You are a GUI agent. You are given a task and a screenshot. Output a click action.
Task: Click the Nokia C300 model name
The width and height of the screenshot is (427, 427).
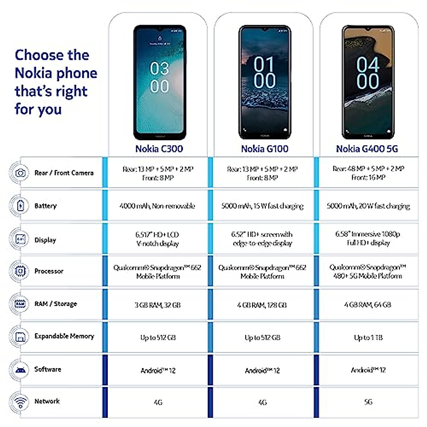click(x=159, y=149)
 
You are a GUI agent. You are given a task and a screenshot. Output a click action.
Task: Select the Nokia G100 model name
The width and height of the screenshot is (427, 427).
click(x=265, y=149)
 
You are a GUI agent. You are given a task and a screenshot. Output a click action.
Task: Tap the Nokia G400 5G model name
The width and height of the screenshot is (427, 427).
click(x=367, y=149)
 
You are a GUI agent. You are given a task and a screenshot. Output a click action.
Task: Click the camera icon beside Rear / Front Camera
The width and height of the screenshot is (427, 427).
click(x=20, y=173)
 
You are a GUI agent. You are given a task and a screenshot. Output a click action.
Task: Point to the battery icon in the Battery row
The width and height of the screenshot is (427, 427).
click(x=20, y=206)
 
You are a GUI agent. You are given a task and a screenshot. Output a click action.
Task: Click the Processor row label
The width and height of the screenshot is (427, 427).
click(x=49, y=271)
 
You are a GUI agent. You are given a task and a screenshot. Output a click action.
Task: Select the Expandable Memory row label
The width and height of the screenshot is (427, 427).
click(x=64, y=336)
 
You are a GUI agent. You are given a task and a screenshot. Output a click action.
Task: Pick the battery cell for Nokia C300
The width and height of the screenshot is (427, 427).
click(x=157, y=206)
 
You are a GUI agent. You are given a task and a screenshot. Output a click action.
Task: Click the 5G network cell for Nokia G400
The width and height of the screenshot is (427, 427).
click(x=368, y=402)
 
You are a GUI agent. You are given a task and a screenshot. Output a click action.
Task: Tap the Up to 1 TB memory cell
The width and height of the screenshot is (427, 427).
click(x=368, y=337)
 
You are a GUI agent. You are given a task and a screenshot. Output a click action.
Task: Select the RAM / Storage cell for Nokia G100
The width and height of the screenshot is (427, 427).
click(x=262, y=305)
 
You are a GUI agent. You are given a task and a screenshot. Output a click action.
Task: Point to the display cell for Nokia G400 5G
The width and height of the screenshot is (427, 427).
click(x=368, y=238)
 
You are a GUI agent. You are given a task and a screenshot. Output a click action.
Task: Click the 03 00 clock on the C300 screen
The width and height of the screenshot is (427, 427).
click(x=159, y=78)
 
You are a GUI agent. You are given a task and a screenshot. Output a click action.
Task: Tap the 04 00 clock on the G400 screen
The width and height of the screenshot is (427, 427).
click(x=368, y=73)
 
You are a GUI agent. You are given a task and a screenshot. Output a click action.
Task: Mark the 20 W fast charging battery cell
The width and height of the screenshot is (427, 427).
click(x=368, y=206)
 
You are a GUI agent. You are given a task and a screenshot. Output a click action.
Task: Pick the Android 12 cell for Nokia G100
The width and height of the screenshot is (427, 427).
click(x=262, y=371)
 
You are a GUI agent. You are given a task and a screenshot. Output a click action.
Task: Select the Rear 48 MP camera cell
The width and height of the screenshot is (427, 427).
click(x=368, y=173)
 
